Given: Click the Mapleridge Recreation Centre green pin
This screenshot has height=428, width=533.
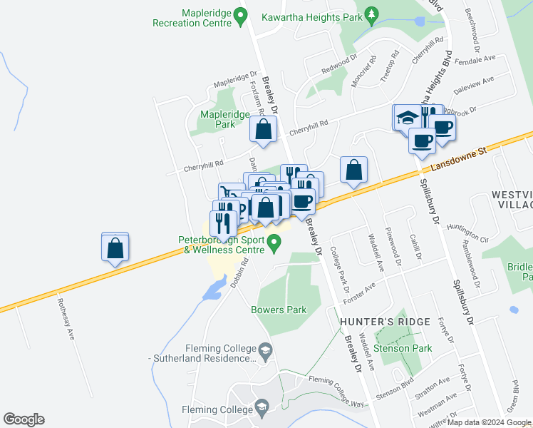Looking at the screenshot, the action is click(240, 14).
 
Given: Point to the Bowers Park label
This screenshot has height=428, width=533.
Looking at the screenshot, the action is click(279, 310).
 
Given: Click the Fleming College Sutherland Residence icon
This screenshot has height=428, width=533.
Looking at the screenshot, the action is click(265, 349).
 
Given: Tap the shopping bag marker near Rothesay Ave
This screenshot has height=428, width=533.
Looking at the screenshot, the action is click(115, 248).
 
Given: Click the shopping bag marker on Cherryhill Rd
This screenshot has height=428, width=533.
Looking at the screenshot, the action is click(264, 130).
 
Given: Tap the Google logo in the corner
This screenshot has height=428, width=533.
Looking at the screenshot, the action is click(24, 419).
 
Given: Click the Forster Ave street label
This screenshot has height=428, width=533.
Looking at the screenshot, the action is click(361, 292).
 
